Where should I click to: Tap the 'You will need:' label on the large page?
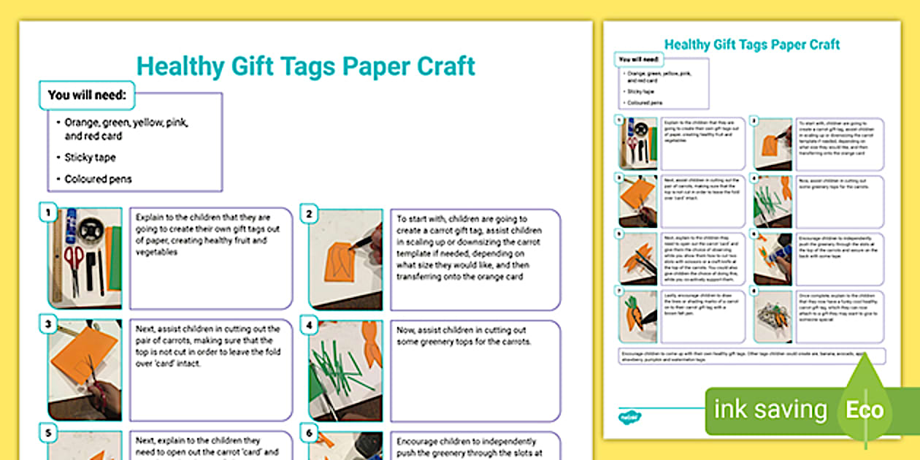point(87,95)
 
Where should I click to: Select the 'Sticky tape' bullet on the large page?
point(90,157)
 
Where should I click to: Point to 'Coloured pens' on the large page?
point(99,179)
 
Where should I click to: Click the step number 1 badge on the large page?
point(49,213)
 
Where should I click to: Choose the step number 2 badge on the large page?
point(310,214)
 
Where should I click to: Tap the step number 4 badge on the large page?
point(310,325)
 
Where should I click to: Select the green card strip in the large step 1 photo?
point(115,257)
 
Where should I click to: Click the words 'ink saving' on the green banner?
point(770,410)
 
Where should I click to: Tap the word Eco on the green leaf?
point(865,410)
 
